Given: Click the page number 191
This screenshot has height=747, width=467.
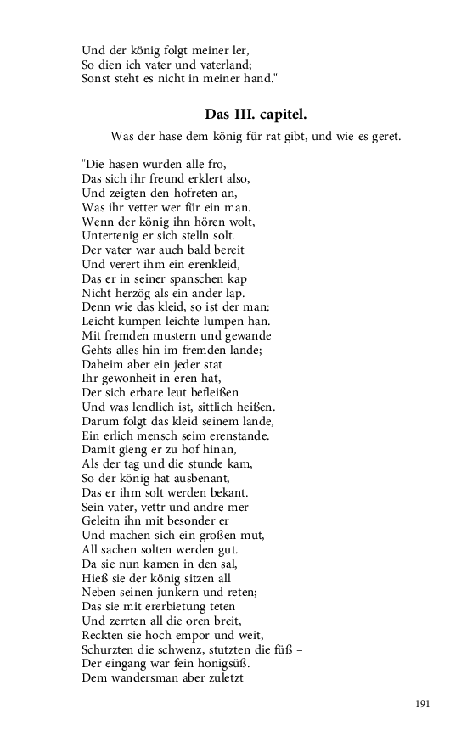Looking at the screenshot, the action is (424, 704).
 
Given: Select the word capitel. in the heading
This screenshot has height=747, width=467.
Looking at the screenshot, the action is (296, 114).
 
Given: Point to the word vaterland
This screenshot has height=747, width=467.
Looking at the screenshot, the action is (224, 64).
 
